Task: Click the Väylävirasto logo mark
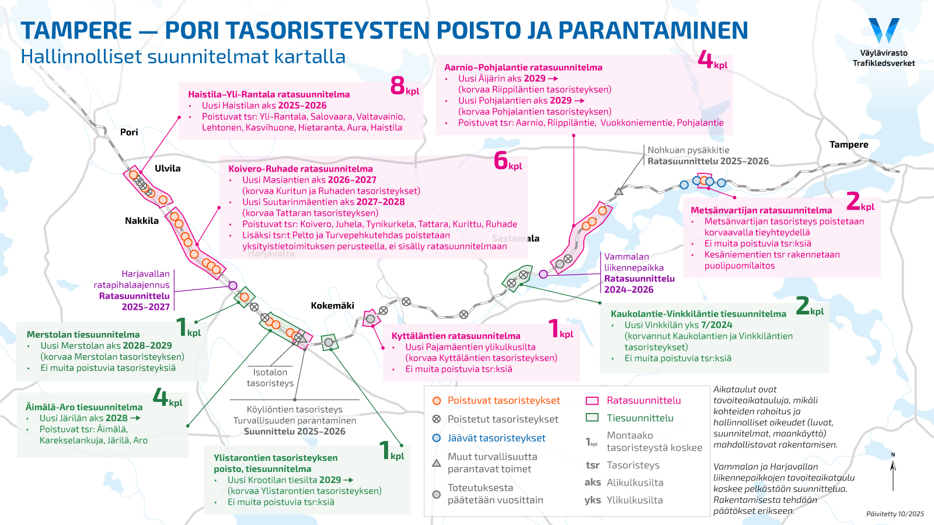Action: click(884, 30)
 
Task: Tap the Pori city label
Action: click(129, 132)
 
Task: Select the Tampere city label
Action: click(849, 145)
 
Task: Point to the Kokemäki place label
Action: click(332, 306)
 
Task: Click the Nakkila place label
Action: click(142, 220)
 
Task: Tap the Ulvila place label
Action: click(168, 169)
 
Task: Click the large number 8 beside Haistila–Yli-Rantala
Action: click(398, 86)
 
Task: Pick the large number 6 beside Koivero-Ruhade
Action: click(501, 160)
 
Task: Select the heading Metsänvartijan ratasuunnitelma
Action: click(761, 211)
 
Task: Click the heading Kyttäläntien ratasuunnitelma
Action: click(456, 336)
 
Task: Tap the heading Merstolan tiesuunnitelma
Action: click(83, 335)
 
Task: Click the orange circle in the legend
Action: click(436, 401)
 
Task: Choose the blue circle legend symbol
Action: click(436, 438)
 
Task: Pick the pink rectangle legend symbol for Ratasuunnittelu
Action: click(592, 401)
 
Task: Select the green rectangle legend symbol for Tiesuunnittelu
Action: click(592, 418)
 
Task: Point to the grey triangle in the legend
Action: click(436, 463)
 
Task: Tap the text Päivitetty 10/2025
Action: click(895, 514)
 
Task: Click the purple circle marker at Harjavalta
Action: click(233, 285)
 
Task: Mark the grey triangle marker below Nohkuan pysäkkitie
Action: click(619, 191)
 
